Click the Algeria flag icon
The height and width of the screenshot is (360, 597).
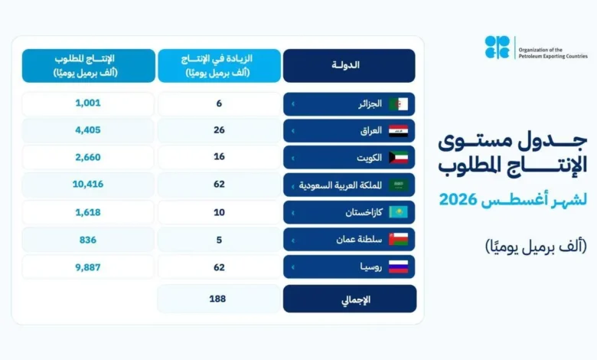pyautogui.click(x=398, y=104)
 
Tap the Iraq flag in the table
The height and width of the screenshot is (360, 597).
pyautogui.click(x=398, y=131)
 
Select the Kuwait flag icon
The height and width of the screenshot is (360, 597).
pyautogui.click(x=398, y=157)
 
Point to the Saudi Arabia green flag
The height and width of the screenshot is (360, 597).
pyautogui.click(x=398, y=185)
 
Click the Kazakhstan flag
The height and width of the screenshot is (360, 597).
pyautogui.click(x=398, y=212)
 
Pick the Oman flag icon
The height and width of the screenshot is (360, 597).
pyautogui.click(x=398, y=239)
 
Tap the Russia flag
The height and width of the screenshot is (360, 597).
pyautogui.click(x=398, y=267)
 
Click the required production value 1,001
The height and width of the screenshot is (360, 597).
pyautogui.click(x=88, y=103)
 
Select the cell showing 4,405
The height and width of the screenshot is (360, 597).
pyautogui.click(x=88, y=130)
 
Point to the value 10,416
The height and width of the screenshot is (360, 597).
pyautogui.click(x=88, y=184)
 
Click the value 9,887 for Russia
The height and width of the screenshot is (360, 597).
pyautogui.click(x=88, y=267)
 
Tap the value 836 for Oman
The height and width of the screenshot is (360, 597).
pyautogui.click(x=88, y=240)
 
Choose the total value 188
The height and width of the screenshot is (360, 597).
pyautogui.click(x=217, y=299)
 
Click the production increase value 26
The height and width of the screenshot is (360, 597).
pyautogui.click(x=219, y=130)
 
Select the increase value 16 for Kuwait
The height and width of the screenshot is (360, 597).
pyautogui.click(x=219, y=156)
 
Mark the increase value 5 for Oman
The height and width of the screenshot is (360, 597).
pyautogui.click(x=219, y=240)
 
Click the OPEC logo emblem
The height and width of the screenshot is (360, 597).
pyautogui.click(x=497, y=47)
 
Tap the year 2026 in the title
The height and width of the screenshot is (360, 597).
pyautogui.click(x=458, y=199)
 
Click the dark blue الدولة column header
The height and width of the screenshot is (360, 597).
pyautogui.click(x=349, y=66)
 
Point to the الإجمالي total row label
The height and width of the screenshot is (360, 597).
pyautogui.click(x=356, y=299)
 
